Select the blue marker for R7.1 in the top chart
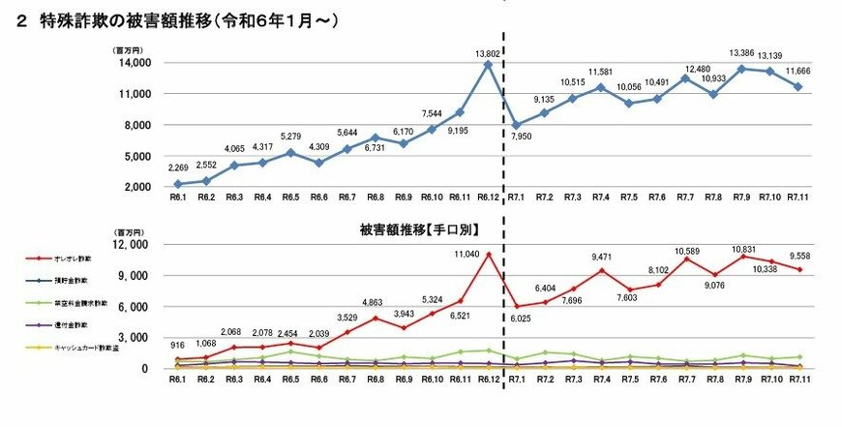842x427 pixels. [x=516, y=125]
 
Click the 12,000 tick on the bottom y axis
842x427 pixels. [x=132, y=245]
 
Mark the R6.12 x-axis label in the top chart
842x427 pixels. [x=487, y=197]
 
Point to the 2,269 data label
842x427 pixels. [x=177, y=170]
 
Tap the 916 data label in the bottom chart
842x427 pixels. [x=177, y=346]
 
